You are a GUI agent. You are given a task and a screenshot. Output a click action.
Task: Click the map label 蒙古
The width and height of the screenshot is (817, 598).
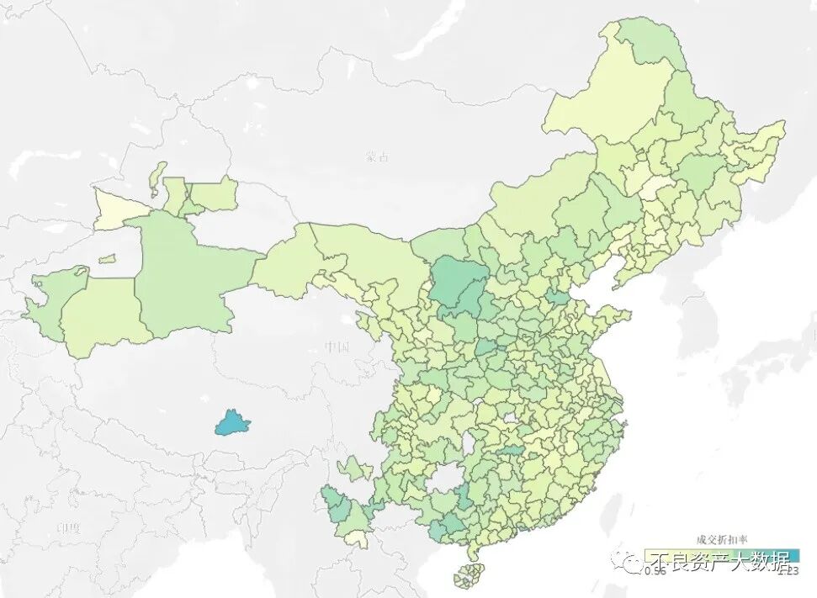coord(378,156)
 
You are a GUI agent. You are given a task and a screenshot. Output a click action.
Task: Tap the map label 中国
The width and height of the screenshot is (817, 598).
coord(337,347)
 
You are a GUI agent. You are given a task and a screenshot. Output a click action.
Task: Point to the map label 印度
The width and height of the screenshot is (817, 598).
coord(67,527)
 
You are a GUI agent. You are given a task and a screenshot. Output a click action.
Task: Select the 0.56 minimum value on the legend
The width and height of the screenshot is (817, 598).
coord(655,572)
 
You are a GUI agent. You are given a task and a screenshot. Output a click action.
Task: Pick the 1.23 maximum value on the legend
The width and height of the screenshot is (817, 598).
coord(788,572)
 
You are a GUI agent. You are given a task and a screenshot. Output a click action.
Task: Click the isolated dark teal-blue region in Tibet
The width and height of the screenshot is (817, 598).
coord(232,422)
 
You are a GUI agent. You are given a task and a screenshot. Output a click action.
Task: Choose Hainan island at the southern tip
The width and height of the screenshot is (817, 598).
coord(469,575)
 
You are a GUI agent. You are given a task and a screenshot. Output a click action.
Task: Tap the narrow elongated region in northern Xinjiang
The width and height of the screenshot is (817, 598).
coord(157,177)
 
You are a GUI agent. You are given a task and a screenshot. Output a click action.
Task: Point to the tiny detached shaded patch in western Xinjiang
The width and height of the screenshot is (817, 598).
coord(107,259)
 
